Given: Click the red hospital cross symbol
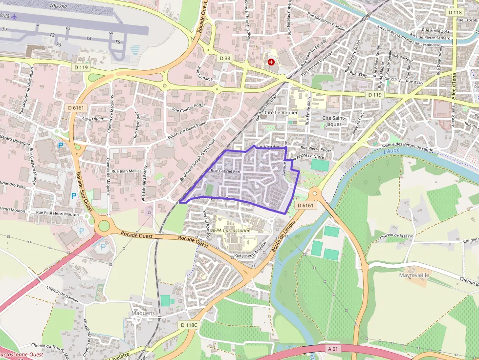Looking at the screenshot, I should click(x=271, y=62).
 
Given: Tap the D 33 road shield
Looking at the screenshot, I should click(x=224, y=58).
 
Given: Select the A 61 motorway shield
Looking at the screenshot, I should click(x=333, y=349).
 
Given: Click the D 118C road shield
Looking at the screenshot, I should click(x=189, y=325).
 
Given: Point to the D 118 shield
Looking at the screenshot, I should click(x=455, y=12).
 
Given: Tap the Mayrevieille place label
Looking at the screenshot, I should click(x=414, y=275).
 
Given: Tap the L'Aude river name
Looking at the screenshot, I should click(x=392, y=151).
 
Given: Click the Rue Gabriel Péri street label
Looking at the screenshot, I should click(x=226, y=171).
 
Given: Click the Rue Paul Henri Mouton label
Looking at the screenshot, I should click(x=57, y=213).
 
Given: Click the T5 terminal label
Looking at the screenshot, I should click(x=117, y=42).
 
